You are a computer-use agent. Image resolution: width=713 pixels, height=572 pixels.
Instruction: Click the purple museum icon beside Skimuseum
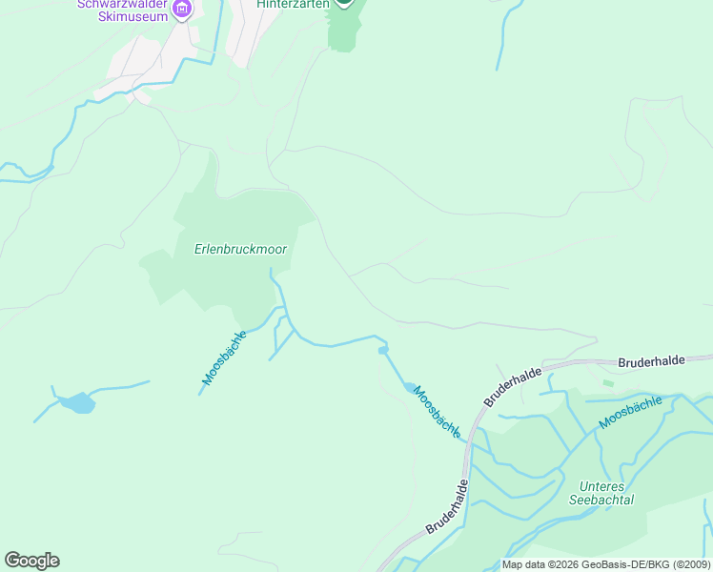tap(182, 10)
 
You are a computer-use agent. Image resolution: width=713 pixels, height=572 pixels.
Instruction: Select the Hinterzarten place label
tap(293, 5)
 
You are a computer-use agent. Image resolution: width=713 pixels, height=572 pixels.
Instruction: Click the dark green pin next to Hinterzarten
tap(344, 3)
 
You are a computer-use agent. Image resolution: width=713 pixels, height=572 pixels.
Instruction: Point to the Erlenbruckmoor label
tap(239, 250)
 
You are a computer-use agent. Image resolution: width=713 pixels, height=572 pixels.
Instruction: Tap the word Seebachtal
tap(601, 499)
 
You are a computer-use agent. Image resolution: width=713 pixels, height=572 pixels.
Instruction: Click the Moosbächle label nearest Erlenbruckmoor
tap(224, 358)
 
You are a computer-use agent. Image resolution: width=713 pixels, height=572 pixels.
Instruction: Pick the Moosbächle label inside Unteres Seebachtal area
tap(630, 413)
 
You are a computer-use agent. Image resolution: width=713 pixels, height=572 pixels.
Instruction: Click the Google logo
tap(31, 561)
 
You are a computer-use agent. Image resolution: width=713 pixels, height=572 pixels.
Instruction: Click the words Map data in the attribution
tap(524, 564)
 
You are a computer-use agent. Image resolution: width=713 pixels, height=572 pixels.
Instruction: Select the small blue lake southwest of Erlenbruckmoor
tap(78, 403)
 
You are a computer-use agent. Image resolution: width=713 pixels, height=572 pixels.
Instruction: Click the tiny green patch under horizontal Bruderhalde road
tap(608, 383)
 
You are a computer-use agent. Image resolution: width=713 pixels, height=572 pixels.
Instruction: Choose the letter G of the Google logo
tap(12, 561)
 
